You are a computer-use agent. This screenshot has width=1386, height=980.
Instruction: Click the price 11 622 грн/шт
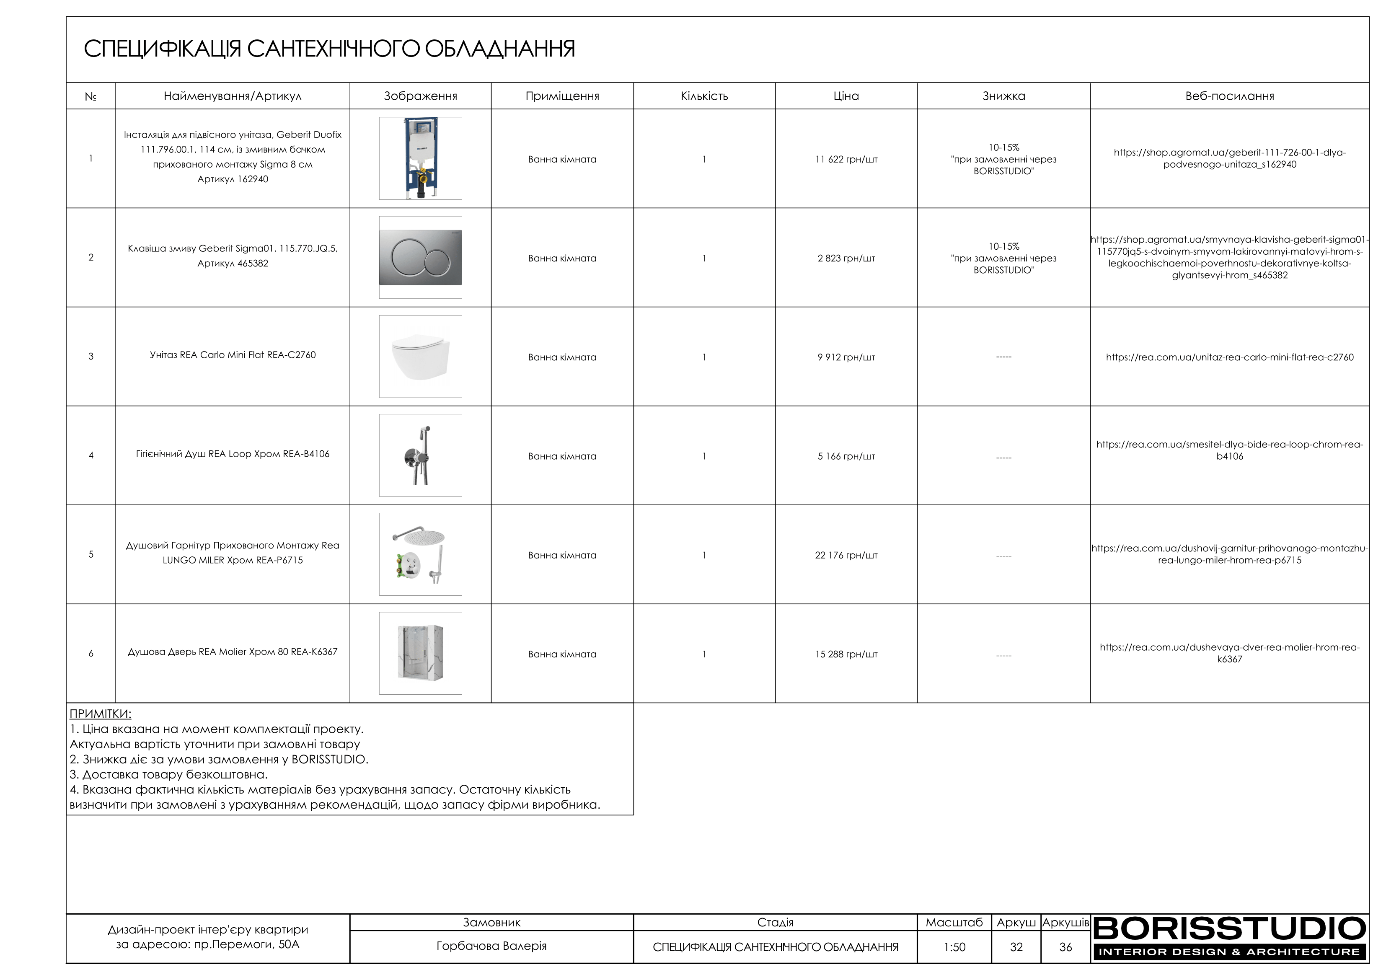(x=846, y=159)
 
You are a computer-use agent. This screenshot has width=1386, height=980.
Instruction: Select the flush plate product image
(x=420, y=258)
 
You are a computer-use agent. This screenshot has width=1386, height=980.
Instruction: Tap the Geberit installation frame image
(x=420, y=158)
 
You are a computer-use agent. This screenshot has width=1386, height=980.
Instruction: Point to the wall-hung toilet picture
(x=420, y=356)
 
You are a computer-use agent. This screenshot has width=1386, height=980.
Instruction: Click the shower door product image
(x=420, y=653)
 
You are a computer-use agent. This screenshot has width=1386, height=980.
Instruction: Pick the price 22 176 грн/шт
(x=846, y=555)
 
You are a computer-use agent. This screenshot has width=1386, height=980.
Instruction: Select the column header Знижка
(x=1003, y=96)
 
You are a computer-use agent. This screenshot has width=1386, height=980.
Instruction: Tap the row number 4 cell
(x=91, y=455)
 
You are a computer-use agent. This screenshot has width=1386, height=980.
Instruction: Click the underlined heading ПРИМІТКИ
(x=100, y=714)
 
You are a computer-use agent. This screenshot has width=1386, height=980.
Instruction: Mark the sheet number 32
(x=1016, y=947)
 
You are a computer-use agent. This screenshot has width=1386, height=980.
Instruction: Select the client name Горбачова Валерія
(x=491, y=946)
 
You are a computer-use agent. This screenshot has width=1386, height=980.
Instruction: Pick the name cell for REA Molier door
(x=233, y=652)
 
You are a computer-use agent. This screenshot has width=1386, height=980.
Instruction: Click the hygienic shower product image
(x=420, y=455)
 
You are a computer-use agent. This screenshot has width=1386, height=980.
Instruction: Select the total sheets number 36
(x=1065, y=947)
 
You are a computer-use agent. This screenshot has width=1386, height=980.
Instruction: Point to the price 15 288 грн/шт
(x=846, y=654)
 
